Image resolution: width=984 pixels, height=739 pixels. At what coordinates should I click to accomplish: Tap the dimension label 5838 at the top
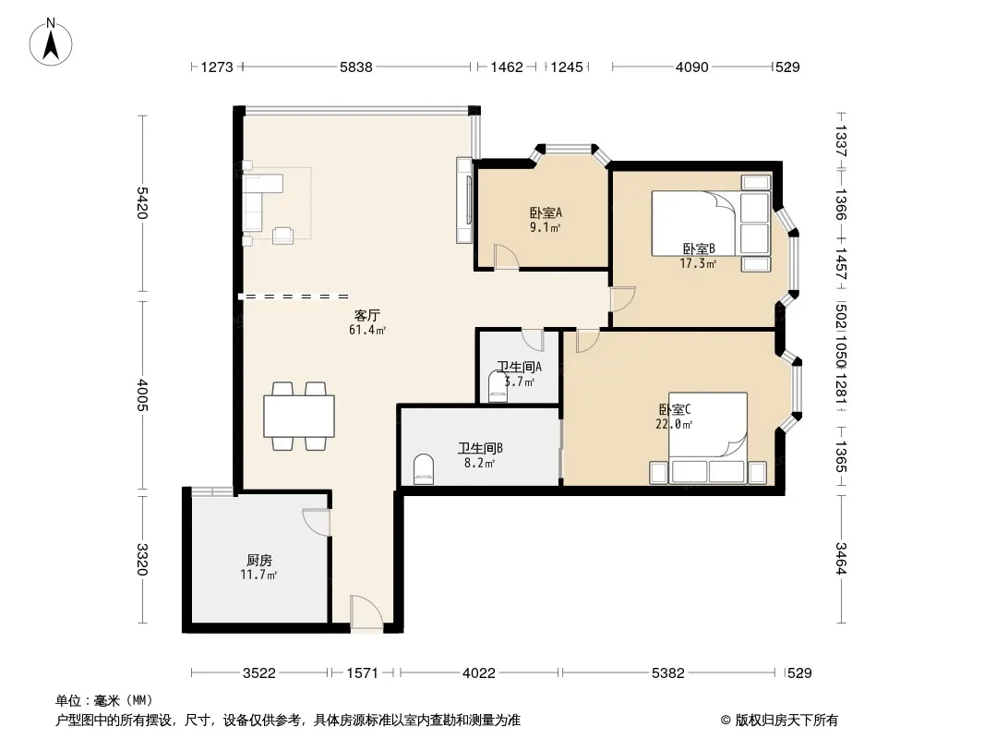(355, 67)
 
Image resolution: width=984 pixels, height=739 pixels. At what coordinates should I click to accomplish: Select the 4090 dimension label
(691, 67)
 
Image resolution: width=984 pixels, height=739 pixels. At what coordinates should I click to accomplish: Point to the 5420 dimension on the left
(142, 203)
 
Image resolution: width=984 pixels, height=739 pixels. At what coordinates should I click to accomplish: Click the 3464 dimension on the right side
(841, 558)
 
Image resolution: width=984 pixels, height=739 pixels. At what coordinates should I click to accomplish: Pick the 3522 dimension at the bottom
(259, 673)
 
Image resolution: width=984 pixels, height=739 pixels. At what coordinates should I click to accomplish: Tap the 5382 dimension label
(667, 673)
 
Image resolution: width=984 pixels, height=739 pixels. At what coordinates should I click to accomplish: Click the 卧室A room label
(546, 212)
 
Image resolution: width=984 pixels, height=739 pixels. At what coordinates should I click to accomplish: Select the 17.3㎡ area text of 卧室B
(698, 263)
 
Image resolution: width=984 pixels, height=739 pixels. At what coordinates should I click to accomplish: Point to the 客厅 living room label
(367, 315)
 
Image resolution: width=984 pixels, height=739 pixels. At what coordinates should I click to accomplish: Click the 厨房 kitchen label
(259, 560)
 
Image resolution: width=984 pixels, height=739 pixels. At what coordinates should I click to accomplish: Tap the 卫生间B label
(480, 448)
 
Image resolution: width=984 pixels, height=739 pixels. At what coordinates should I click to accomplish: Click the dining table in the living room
(299, 416)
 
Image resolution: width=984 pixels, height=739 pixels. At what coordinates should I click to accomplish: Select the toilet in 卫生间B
(425, 469)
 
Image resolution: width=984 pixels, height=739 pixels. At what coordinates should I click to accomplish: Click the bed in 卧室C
(708, 438)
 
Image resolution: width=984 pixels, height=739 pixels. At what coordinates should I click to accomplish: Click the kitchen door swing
(317, 522)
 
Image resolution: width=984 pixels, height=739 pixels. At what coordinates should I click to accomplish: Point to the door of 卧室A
(507, 257)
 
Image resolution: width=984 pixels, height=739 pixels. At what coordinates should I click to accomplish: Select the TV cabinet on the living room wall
(464, 200)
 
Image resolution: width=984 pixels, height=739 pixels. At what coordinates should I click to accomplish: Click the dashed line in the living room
(294, 296)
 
